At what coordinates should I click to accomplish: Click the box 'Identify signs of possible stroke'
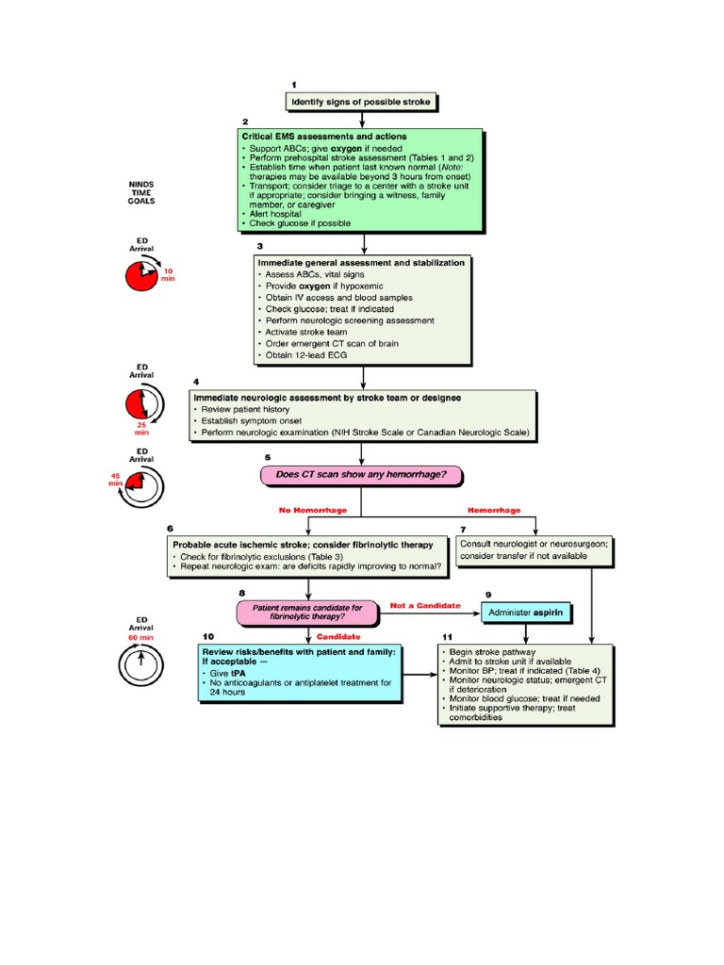(362, 101)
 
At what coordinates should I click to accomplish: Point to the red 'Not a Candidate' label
(424, 605)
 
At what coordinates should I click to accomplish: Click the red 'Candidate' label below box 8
(337, 637)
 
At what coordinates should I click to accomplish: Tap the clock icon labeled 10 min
(142, 276)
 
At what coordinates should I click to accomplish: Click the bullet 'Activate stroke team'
(308, 332)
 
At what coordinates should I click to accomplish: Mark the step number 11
(447, 637)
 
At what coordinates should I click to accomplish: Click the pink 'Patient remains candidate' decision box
(306, 613)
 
